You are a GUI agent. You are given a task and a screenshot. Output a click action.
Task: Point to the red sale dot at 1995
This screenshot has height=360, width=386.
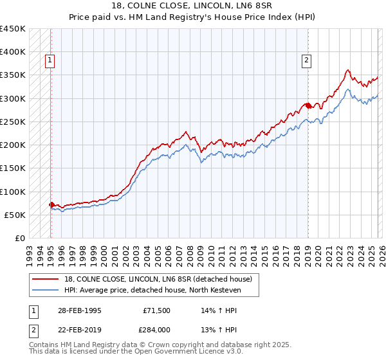click(51, 205)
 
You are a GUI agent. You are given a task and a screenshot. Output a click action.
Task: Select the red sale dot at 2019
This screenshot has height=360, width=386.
click(308, 105)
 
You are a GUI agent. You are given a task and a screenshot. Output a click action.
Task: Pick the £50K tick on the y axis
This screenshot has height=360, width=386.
click(15, 215)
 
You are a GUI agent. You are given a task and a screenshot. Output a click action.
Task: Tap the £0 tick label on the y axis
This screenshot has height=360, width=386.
click(19, 238)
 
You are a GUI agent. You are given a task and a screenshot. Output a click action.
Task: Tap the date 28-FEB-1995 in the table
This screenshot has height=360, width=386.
click(80, 310)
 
